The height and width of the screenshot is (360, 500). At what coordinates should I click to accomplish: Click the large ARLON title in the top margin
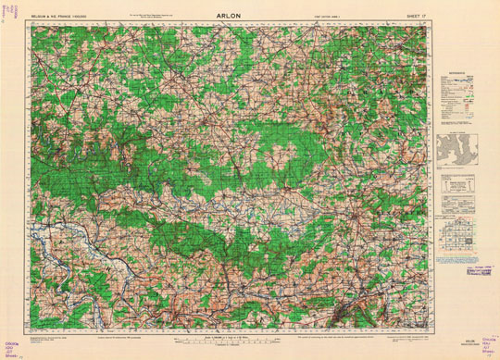tap(252, 16)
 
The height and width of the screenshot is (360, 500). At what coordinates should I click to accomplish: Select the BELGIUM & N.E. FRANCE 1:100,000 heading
tap(57, 17)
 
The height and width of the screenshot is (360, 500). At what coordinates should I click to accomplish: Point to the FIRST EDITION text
tap(328, 17)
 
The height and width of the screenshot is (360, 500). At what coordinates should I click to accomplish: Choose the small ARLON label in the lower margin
tap(456, 340)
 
